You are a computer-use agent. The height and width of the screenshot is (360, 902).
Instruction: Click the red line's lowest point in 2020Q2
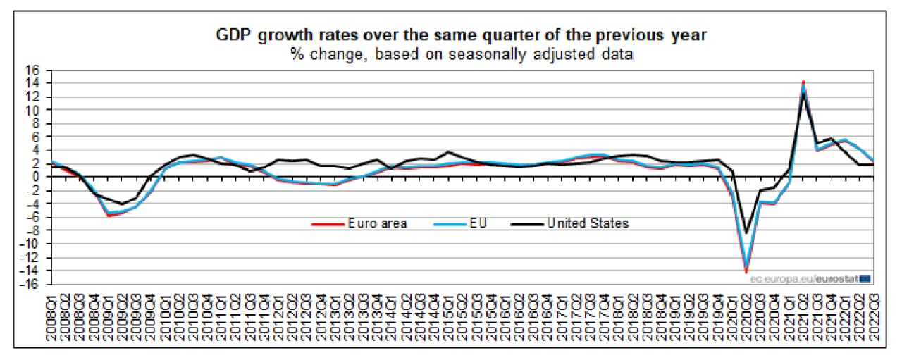coord(746,272)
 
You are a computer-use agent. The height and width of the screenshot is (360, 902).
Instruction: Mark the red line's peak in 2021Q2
coord(803,82)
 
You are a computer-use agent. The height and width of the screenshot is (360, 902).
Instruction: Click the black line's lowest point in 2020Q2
coord(746,232)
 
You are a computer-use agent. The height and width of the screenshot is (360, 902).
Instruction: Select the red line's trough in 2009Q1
coord(109,216)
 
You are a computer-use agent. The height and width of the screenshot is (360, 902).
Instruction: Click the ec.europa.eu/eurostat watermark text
coord(803,279)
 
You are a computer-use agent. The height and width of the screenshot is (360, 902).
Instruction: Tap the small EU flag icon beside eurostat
coord(866,279)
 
